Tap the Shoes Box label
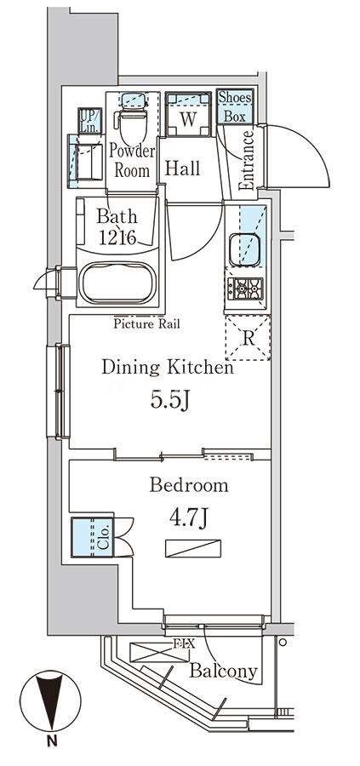point(235,106)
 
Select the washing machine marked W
point(189,114)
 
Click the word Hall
point(182,168)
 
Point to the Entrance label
point(246,160)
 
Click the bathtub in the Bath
point(117,283)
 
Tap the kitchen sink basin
point(245,249)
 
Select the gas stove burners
point(245,289)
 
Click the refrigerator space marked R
point(248,338)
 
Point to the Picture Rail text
point(147,323)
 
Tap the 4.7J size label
point(189,517)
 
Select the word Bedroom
point(189,485)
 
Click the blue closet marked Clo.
point(92,537)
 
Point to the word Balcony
point(223,672)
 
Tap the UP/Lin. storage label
point(90,120)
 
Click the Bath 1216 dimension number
point(117,237)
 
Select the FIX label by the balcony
point(183,644)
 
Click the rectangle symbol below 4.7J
point(193,548)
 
